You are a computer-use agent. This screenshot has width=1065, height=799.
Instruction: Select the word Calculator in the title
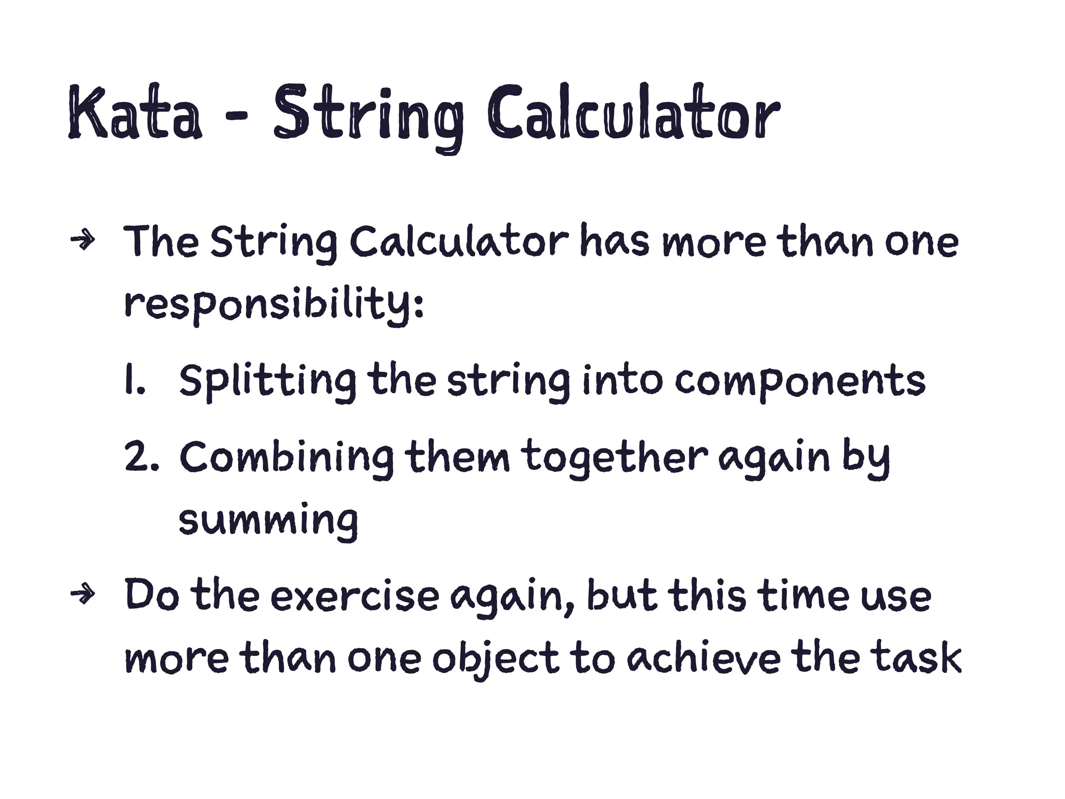coord(633,113)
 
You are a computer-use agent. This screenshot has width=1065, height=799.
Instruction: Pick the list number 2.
coord(140,457)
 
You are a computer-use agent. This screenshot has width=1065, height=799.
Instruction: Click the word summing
coord(268,520)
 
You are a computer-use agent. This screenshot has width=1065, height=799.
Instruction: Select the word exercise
coord(355,596)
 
